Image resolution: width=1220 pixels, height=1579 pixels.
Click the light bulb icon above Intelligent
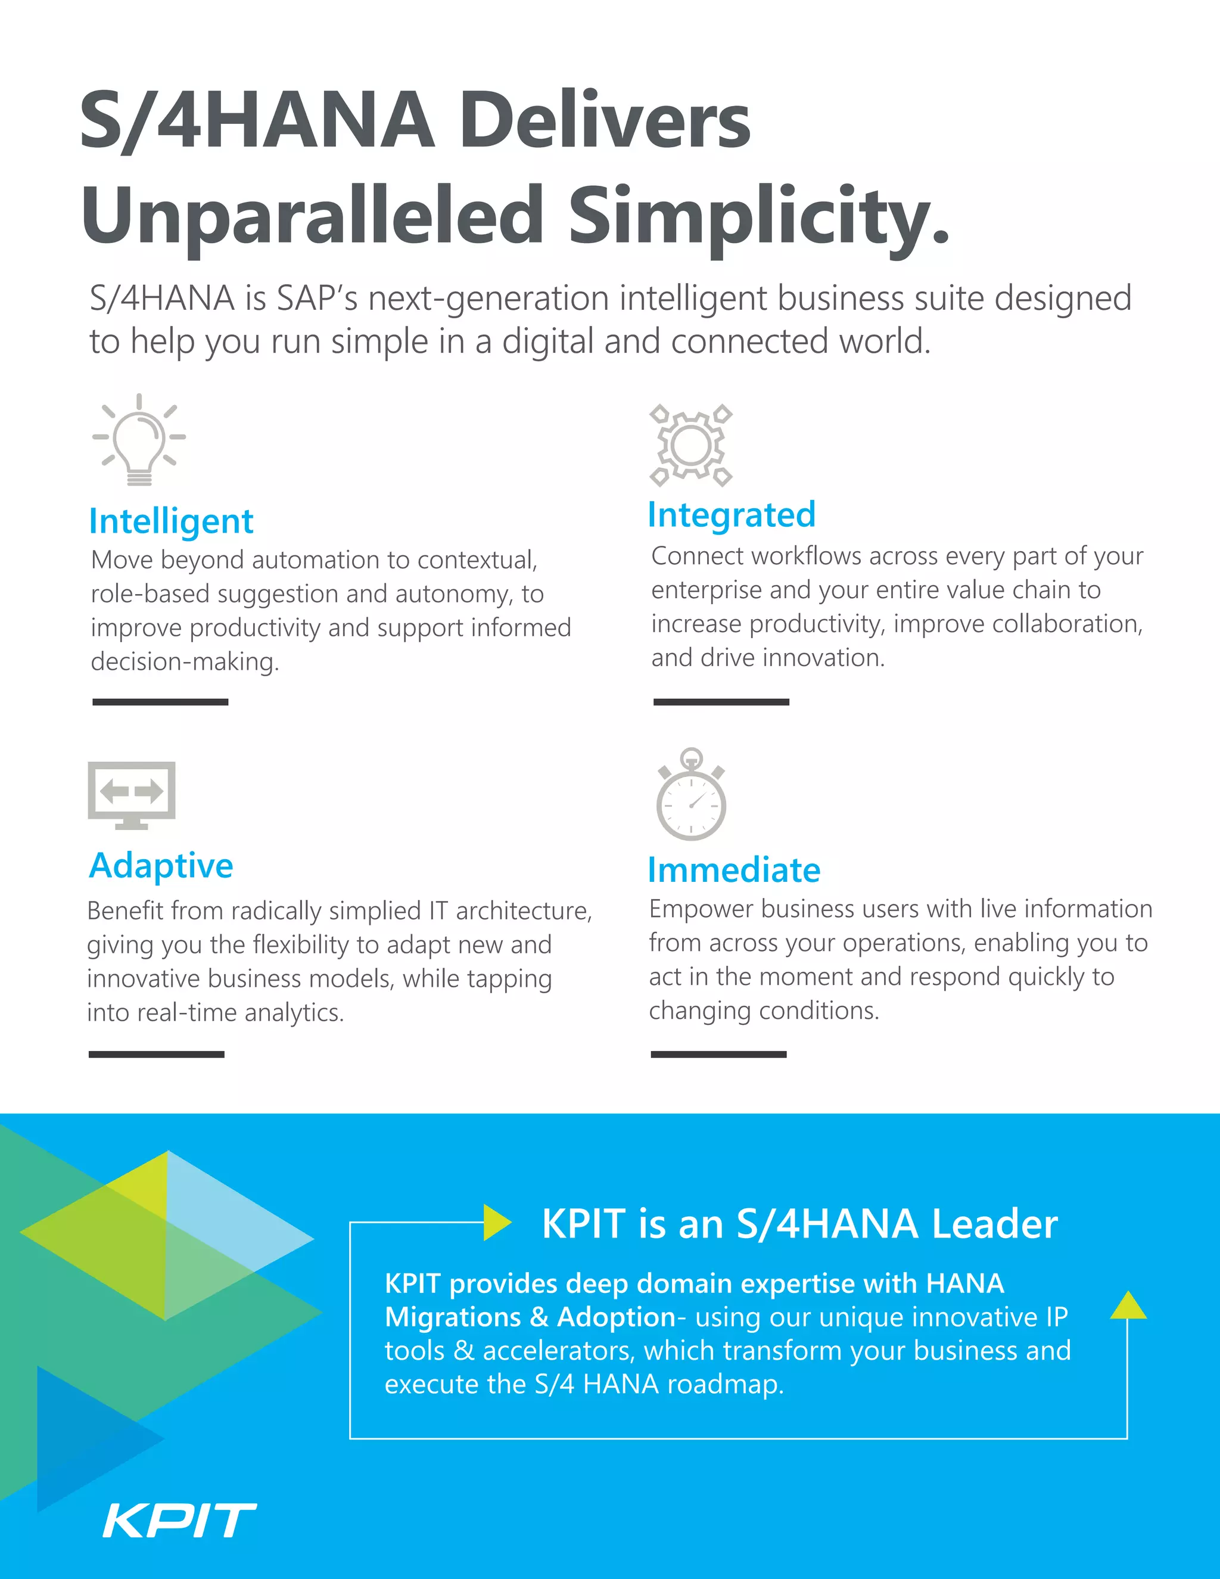coord(139,440)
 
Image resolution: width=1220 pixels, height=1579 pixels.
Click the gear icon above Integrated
coord(691,445)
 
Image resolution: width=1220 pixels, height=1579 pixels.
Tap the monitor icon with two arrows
coord(132,794)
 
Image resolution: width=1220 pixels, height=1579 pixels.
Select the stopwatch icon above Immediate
coord(691,795)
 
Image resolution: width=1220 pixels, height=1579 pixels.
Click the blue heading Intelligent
coord(172,521)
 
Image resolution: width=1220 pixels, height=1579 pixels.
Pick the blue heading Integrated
coord(732,515)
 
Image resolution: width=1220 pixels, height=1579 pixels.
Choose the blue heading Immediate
coord(733,870)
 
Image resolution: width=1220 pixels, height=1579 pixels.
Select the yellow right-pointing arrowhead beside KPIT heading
coord(497,1223)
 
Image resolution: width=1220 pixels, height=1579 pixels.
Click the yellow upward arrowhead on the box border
coord(1128,1305)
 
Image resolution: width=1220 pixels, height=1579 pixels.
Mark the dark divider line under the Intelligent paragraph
coord(160,702)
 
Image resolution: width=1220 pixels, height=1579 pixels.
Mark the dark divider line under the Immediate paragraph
coord(718,1054)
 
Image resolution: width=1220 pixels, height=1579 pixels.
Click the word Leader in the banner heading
coord(994,1224)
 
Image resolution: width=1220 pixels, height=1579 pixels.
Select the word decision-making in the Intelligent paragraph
coord(185,661)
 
